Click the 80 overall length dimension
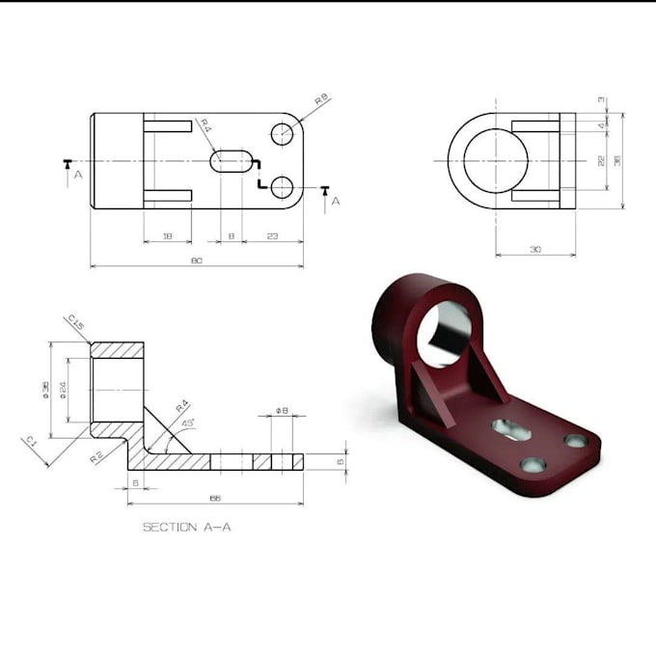click(x=196, y=260)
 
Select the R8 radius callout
click(x=322, y=99)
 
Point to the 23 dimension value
click(x=272, y=235)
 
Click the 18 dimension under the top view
click(x=167, y=235)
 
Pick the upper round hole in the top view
click(x=282, y=134)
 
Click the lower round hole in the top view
click(x=282, y=187)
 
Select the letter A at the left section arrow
click(x=77, y=176)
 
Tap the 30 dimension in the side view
click(x=535, y=250)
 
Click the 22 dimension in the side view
click(x=601, y=161)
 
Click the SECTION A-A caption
click(x=187, y=527)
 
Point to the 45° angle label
click(x=187, y=423)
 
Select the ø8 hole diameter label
click(x=281, y=411)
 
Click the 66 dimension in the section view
click(x=214, y=499)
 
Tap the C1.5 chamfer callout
click(x=76, y=323)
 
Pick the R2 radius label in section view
click(x=96, y=456)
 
